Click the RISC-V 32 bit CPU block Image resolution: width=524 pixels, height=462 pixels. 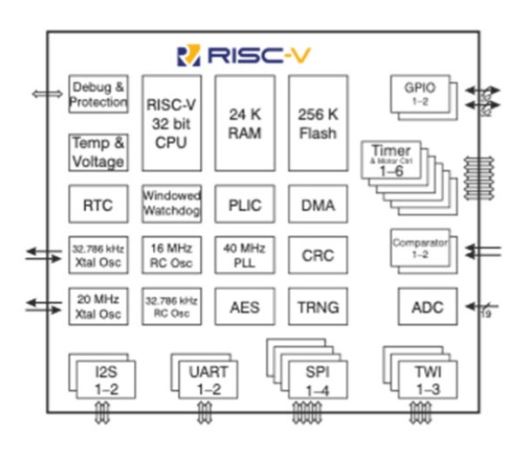point(170,122)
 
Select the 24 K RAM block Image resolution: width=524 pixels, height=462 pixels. point(244,122)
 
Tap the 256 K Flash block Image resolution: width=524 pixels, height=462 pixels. point(318,122)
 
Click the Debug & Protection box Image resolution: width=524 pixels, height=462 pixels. point(98,94)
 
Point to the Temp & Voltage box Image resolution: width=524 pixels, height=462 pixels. point(98,153)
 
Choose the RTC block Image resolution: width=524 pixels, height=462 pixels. point(98,205)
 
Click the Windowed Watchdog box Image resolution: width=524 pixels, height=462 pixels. point(170,205)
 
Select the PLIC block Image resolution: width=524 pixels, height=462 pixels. point(244,205)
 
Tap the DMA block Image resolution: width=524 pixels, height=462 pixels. point(318,205)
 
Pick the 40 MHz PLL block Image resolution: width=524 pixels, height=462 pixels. point(244,255)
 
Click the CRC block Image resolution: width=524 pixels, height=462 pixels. point(318,255)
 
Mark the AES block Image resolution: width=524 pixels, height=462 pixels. point(244,307)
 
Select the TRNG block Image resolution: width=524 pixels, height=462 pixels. point(318,307)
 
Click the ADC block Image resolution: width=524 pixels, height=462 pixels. point(427,307)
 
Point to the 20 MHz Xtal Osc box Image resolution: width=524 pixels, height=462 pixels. point(98,307)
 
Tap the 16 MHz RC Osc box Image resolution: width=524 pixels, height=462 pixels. point(170,255)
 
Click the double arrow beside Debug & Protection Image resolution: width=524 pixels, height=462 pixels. point(42,94)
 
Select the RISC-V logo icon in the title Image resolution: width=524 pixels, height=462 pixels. point(189,56)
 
